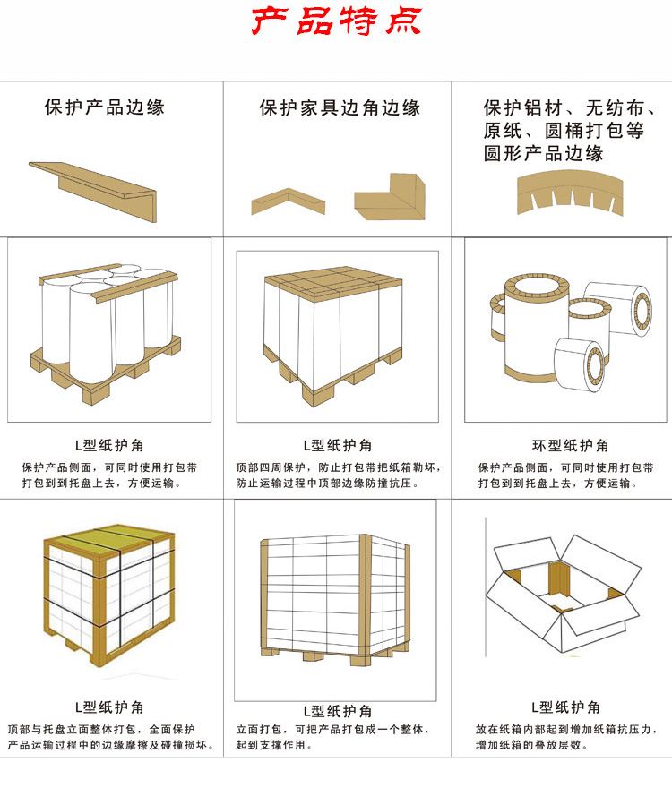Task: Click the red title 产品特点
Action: [x=336, y=21]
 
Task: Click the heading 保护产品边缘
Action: [x=105, y=107]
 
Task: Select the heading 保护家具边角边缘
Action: [x=340, y=107]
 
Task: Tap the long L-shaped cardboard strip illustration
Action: [x=93, y=192]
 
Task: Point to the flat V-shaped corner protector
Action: [x=289, y=201]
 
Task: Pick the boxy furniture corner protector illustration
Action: [x=390, y=197]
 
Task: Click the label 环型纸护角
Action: [x=571, y=445]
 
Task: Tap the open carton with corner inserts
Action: [x=563, y=593]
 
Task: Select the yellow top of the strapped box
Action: [x=108, y=542]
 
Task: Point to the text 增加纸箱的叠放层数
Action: [x=531, y=745]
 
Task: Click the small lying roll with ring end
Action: [x=580, y=364]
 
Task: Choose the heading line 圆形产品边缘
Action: [x=543, y=153]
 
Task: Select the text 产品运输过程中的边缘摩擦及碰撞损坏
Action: [x=111, y=745]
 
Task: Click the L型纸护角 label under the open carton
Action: [x=566, y=707]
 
